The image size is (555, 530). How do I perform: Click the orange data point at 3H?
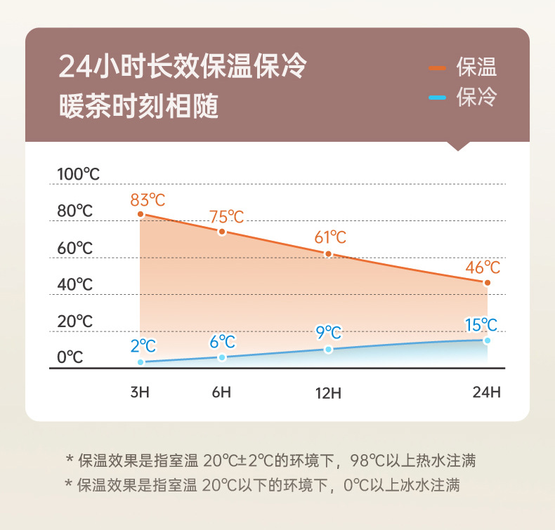[x=141, y=214]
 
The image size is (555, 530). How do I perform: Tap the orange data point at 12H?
[x=327, y=253]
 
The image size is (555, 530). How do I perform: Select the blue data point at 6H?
[x=222, y=357]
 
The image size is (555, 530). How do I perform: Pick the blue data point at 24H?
[x=487, y=340]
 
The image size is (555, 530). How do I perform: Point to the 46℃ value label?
[x=483, y=267]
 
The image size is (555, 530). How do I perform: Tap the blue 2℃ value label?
[x=143, y=345]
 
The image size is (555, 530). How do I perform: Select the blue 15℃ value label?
[x=481, y=324]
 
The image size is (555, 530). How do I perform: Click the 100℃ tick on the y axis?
[x=79, y=174]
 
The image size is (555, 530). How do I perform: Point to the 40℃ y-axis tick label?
[x=75, y=284]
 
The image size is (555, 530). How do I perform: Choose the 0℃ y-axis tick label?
[x=70, y=357]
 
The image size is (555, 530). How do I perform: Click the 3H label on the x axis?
[x=140, y=392]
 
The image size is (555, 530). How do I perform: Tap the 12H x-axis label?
[x=327, y=392]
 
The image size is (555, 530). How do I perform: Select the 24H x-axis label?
[x=486, y=392]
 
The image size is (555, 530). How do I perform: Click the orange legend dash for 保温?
[x=438, y=68]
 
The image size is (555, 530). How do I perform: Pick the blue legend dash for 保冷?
[x=438, y=97]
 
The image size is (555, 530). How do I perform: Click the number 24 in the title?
[x=73, y=68]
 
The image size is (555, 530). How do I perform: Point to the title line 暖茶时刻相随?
[x=138, y=108]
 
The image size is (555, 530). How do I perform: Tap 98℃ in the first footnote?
[x=362, y=461]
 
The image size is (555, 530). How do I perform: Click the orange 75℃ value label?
[x=226, y=217]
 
